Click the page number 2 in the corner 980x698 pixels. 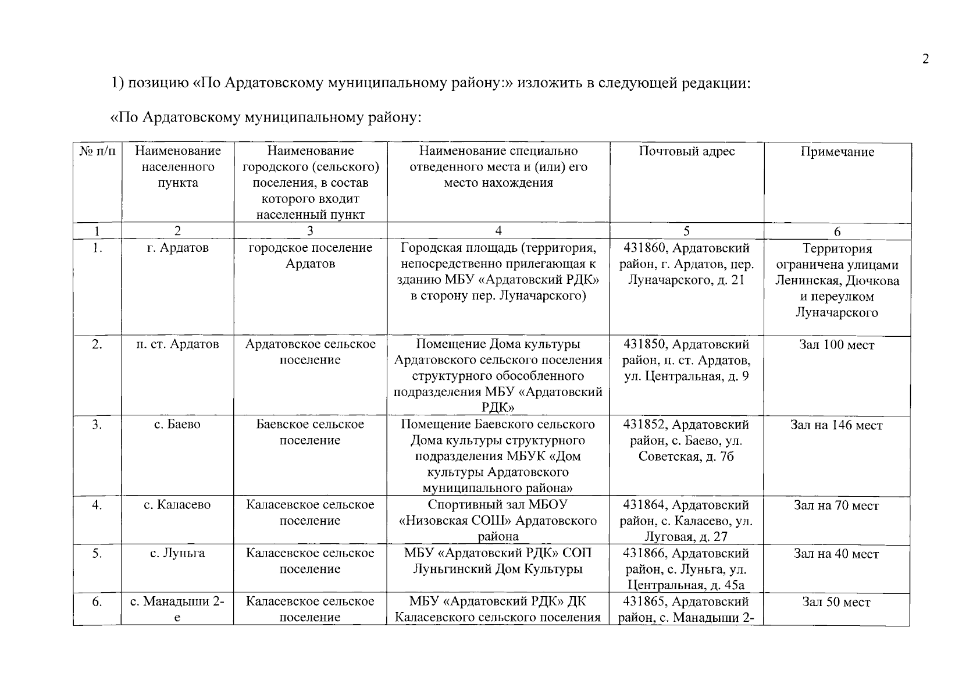click(925, 59)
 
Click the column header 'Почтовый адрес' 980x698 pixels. click(686, 152)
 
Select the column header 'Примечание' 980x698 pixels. click(837, 152)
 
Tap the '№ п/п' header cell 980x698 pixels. click(97, 152)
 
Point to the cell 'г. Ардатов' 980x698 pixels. click(177, 248)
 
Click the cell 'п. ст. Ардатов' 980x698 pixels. click(177, 344)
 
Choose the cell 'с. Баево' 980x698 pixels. click(177, 425)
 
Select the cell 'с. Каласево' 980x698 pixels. click(177, 505)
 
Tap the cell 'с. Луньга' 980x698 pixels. click(177, 553)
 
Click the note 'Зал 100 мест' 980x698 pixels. click(837, 346)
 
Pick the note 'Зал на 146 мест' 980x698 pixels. click(836, 426)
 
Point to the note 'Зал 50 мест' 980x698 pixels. click(836, 603)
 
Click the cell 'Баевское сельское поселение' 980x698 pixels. click(310, 432)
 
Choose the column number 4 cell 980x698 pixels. click(498, 231)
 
